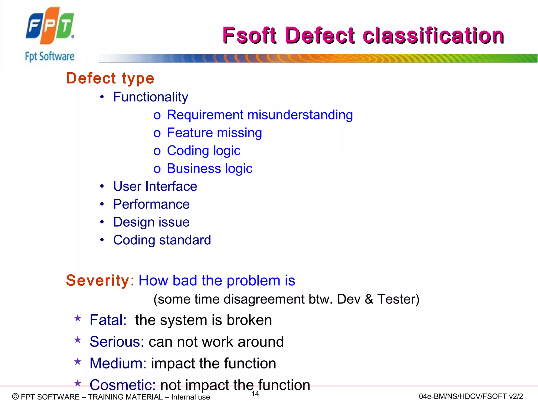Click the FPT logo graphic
point(50,26)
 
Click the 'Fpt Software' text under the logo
point(50,57)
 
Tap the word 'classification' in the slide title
point(433,36)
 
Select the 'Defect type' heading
point(110,78)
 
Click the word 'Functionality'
point(151,97)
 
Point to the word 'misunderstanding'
point(300,115)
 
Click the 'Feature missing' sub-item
point(214,133)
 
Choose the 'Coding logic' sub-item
point(204,151)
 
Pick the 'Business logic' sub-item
point(209,169)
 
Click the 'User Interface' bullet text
point(155,186)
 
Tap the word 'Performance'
point(151,204)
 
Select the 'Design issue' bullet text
point(151,222)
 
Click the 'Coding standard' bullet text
point(162,240)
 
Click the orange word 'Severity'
point(98,280)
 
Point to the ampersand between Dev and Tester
point(369,299)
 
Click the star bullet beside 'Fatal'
point(78,319)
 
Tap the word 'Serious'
point(117,342)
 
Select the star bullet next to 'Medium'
point(78,362)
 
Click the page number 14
point(255,394)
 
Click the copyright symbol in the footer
point(15,396)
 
